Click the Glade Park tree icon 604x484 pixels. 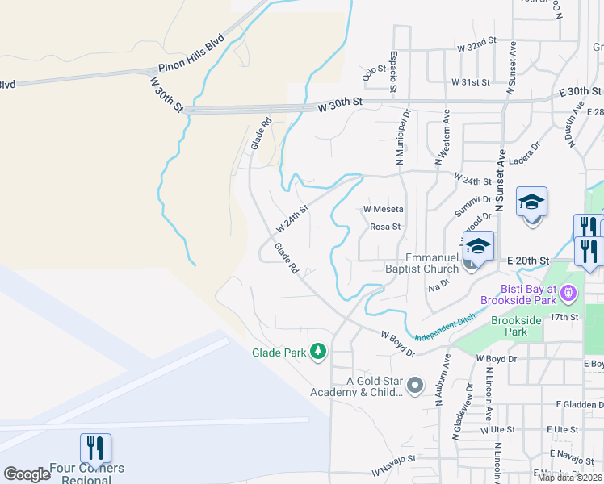(319, 351)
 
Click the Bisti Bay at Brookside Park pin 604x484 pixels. (569, 293)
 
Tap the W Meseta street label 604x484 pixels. (383, 208)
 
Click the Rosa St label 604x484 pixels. (385, 227)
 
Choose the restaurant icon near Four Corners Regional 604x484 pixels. (95, 449)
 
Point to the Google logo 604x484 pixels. (27, 474)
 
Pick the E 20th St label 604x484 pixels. (528, 261)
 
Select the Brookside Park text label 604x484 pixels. (516, 325)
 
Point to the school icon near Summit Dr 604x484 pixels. (532, 202)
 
